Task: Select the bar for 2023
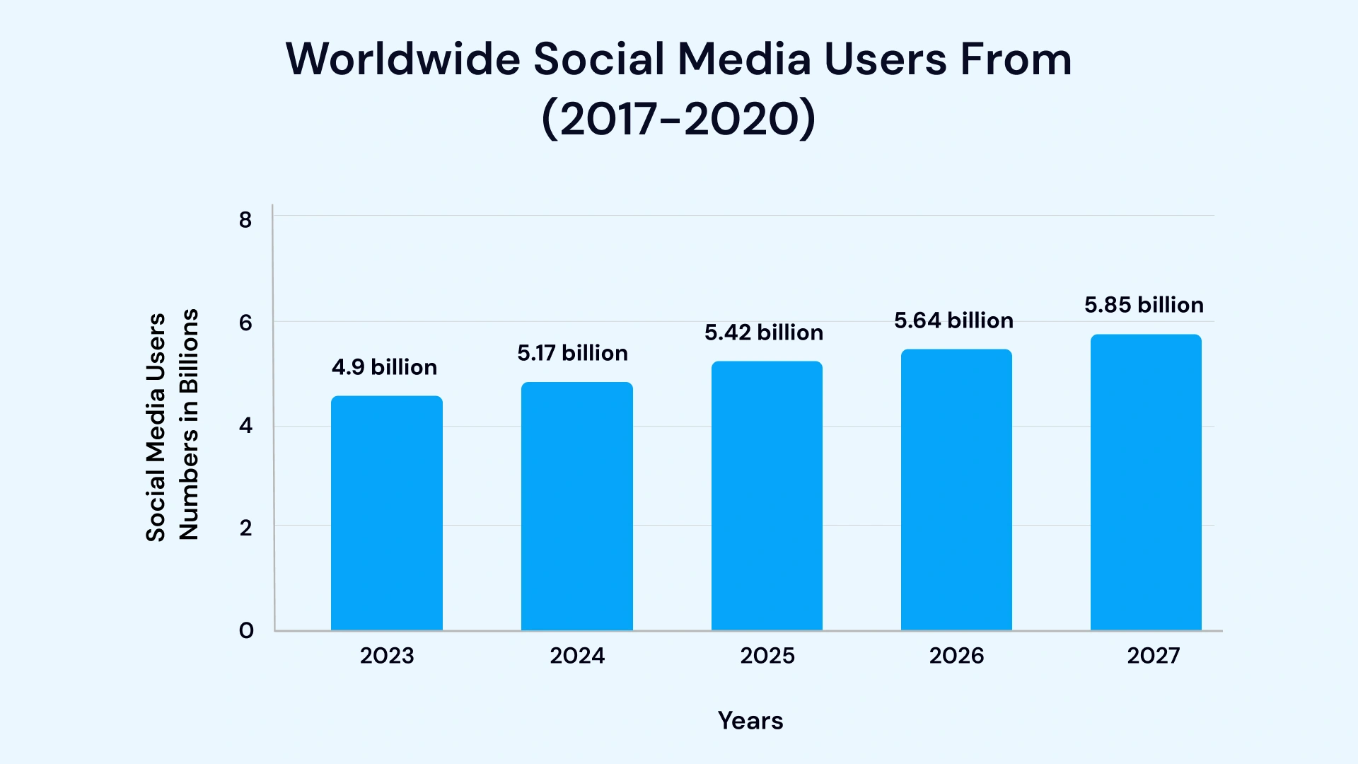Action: coord(387,513)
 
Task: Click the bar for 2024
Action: coord(577,506)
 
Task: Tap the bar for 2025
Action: coord(767,495)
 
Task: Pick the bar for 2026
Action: coord(956,490)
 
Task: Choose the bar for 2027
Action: coord(1146,482)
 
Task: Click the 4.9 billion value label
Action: coord(384,367)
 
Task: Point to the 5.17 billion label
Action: coord(572,353)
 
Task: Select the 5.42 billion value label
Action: coord(763,332)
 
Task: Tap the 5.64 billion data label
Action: coord(953,320)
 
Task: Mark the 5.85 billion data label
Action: coord(1144,305)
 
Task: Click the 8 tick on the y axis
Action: coord(245,220)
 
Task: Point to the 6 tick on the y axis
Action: coord(245,323)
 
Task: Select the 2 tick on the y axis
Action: coord(245,528)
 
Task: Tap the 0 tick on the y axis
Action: coord(245,630)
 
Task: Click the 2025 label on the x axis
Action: coord(767,656)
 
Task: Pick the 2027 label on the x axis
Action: coord(1153,656)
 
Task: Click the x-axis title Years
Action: coord(750,720)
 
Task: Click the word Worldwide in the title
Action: coord(403,59)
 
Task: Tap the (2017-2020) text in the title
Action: coord(678,118)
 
